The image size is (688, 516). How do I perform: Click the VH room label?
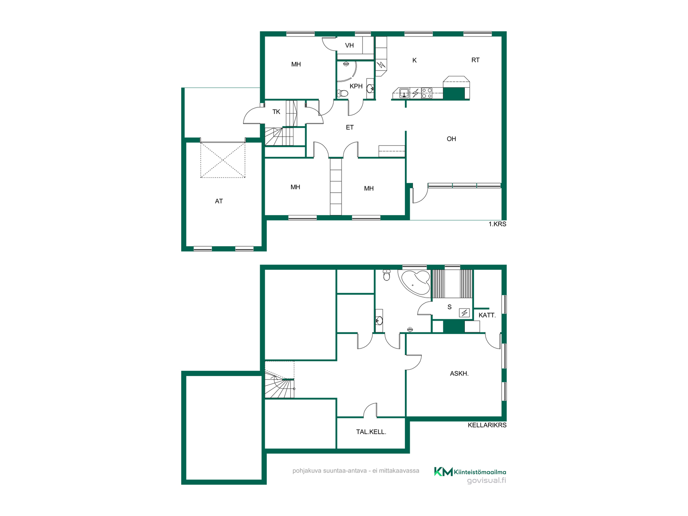tap(349, 46)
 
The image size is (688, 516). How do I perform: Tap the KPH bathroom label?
tap(356, 86)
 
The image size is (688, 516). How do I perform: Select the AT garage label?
tap(219, 201)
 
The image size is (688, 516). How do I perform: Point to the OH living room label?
tap(451, 139)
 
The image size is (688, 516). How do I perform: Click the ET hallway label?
tap(350, 128)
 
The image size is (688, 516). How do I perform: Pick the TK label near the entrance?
tap(276, 112)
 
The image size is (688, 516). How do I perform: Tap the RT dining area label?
tap(476, 60)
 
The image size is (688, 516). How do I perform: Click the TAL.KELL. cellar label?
tap(371, 432)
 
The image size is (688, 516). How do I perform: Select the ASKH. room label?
tap(459, 374)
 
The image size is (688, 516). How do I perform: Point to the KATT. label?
tap(487, 315)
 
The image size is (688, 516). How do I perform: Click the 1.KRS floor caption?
tap(497, 224)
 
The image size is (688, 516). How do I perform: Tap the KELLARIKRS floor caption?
tap(487, 425)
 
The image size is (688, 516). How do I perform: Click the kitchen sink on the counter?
tap(404, 93)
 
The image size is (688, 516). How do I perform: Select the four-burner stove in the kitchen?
tap(427, 93)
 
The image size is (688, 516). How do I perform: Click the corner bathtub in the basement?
tap(415, 283)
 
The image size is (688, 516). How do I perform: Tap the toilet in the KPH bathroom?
tap(343, 94)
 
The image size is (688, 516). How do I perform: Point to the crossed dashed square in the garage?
tap(223, 160)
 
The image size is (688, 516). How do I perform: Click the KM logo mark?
tap(443, 472)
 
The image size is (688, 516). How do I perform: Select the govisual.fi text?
tap(487, 481)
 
